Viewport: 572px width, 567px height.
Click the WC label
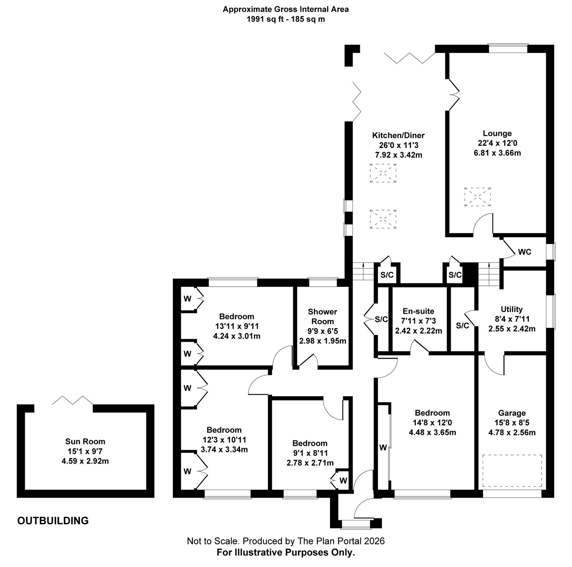tap(524, 252)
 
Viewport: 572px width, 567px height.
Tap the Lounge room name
tap(497, 133)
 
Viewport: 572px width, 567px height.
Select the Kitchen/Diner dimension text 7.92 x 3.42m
tap(398, 155)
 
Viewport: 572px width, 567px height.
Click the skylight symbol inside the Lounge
tap(477, 197)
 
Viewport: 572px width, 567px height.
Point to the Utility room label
tap(511, 309)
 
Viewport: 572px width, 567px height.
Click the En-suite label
tap(418, 311)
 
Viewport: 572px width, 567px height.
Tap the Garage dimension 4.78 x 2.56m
tap(512, 433)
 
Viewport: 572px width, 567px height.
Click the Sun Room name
tap(85, 442)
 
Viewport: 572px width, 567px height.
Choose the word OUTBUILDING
tap(53, 521)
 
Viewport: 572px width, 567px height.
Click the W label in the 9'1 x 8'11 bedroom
tap(343, 480)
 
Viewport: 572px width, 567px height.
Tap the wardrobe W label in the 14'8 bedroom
tap(383, 448)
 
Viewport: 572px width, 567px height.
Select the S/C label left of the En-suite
tap(381, 319)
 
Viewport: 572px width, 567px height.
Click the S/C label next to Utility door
tap(462, 326)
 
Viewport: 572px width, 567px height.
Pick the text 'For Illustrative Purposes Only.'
tap(286, 552)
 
